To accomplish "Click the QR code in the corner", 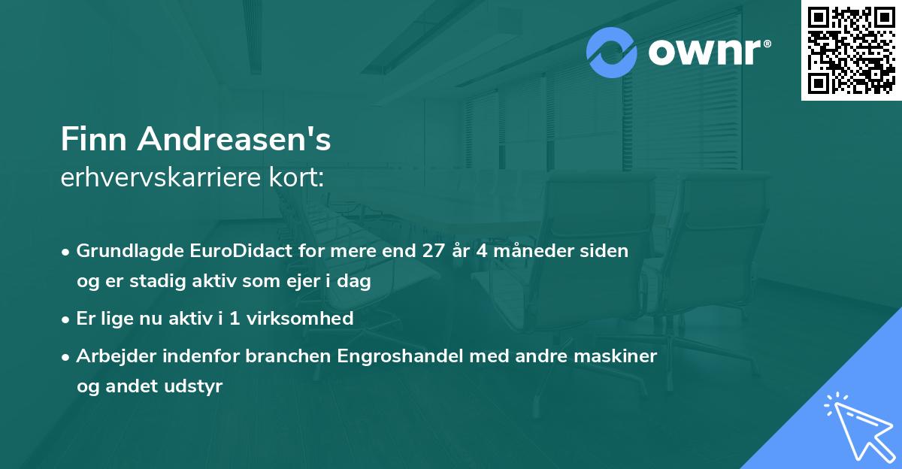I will pyautogui.click(x=852, y=50).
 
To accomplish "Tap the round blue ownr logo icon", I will pyautogui.click(x=612, y=53).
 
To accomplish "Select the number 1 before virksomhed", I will pyautogui.click(x=235, y=318).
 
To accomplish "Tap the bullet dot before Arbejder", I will pyautogui.click(x=67, y=356).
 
